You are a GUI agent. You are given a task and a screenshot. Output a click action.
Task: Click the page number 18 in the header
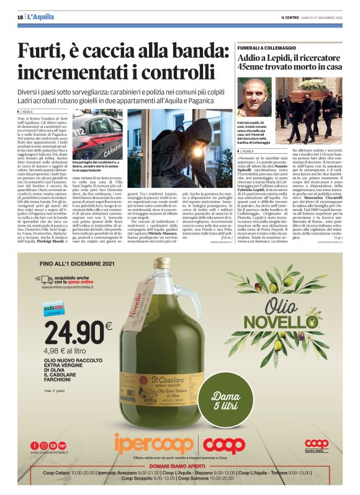(20, 17)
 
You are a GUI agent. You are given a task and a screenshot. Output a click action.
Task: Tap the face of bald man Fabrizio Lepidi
(254, 98)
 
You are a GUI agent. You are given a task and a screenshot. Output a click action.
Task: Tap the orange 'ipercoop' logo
(155, 445)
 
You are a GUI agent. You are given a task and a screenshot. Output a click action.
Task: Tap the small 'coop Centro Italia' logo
(317, 445)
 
